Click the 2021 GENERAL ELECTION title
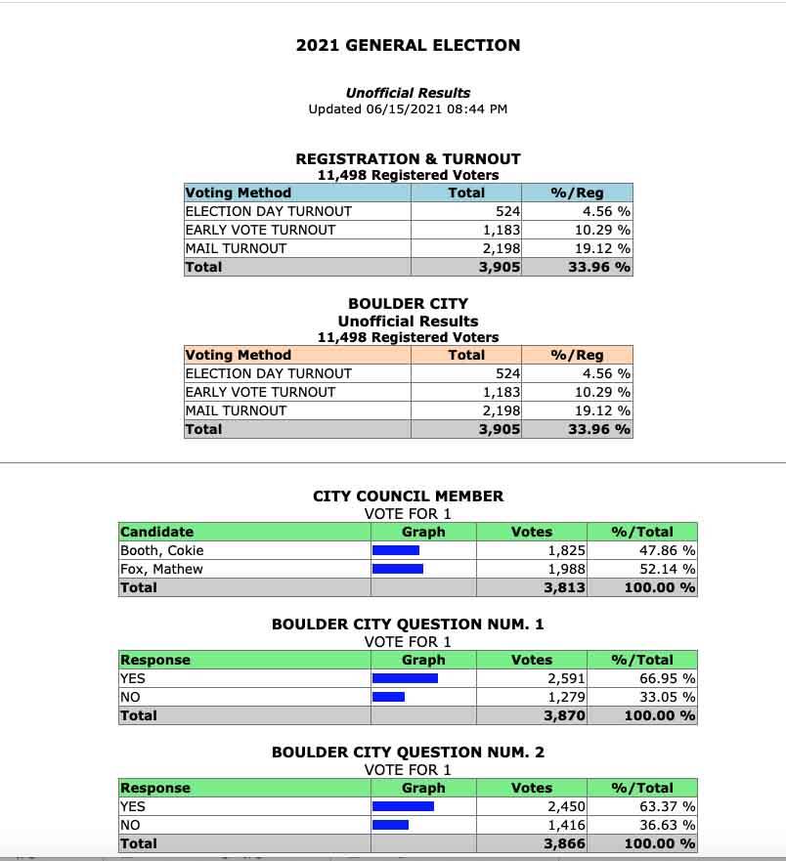[x=408, y=45]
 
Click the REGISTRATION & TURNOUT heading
[x=408, y=158]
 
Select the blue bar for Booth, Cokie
[x=396, y=550]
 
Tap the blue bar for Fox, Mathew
[x=398, y=569]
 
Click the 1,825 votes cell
[x=567, y=550]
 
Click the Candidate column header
[x=157, y=532]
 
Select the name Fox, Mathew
[x=161, y=569]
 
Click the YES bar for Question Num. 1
[x=405, y=678]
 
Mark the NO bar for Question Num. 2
[x=390, y=825]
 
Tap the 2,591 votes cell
[x=567, y=678]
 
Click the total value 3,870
[x=565, y=715]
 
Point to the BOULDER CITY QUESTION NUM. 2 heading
[x=408, y=752]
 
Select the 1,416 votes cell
[x=567, y=825]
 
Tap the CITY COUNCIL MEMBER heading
[x=408, y=495]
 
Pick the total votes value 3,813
[x=565, y=587]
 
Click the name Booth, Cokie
[x=162, y=550]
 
